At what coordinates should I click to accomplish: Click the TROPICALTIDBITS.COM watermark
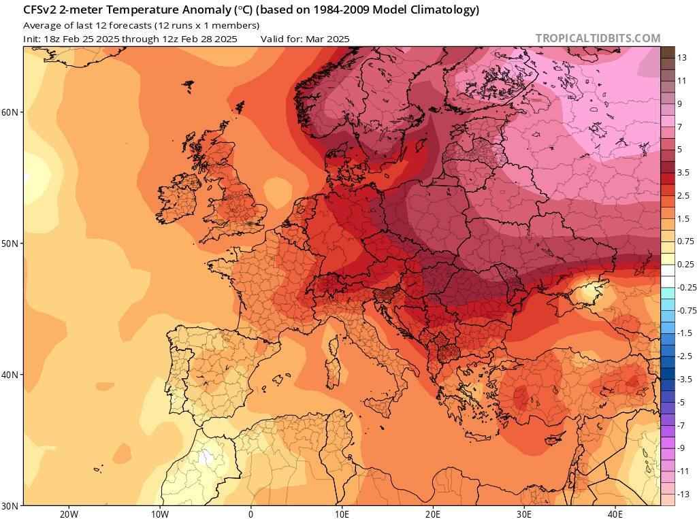point(598,38)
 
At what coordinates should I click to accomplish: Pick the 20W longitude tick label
point(68,514)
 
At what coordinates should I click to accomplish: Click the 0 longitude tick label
point(250,514)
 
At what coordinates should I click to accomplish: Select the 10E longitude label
point(342,514)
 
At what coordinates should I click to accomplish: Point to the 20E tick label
point(433,514)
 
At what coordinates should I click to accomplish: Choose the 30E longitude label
point(524,514)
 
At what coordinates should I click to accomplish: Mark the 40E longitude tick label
point(615,514)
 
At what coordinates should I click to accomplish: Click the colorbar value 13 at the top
point(681,58)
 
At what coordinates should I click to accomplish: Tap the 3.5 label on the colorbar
point(683,173)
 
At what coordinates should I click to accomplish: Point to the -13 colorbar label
point(683,494)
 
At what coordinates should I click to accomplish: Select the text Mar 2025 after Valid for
point(327,39)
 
